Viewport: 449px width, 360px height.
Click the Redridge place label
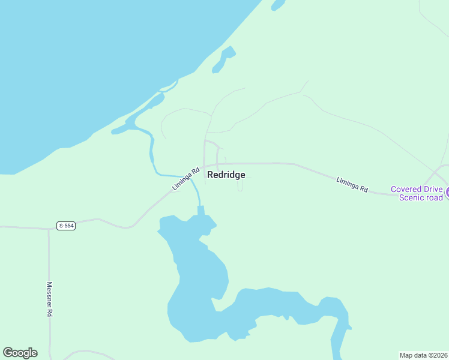(226, 175)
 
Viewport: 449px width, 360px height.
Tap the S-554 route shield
(66, 226)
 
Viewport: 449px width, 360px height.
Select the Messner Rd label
(50, 300)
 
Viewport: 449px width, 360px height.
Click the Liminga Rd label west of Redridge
(185, 179)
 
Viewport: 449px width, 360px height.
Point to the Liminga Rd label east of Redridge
(352, 184)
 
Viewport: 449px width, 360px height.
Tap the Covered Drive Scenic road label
(417, 193)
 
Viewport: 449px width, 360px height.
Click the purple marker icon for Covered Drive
(447, 193)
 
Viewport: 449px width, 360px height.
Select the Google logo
(20, 353)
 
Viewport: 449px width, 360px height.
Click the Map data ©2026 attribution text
(424, 355)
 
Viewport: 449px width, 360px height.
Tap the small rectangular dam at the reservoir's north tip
(200, 210)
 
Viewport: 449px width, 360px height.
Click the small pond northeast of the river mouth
(223, 61)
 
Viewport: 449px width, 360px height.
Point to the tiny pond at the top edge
(277, 5)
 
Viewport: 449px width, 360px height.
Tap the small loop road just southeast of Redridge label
(241, 187)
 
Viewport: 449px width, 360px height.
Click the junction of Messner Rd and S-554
(49, 228)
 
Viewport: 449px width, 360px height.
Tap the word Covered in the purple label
(408, 189)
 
